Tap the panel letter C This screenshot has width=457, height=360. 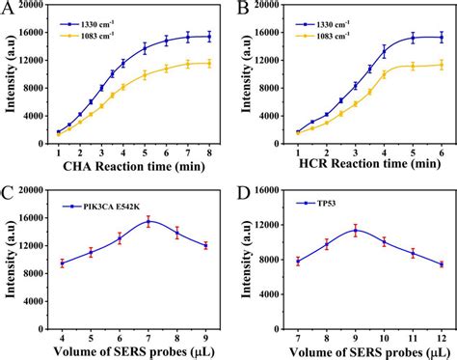click(8, 191)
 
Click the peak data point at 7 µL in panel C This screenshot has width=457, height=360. click(148, 221)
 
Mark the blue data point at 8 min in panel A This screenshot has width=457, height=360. click(208, 37)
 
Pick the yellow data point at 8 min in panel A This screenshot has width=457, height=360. click(208, 64)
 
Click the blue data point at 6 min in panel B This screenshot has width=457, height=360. click(442, 38)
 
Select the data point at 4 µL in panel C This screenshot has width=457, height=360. click(63, 263)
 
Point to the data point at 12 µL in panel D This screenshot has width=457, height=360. click(442, 264)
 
